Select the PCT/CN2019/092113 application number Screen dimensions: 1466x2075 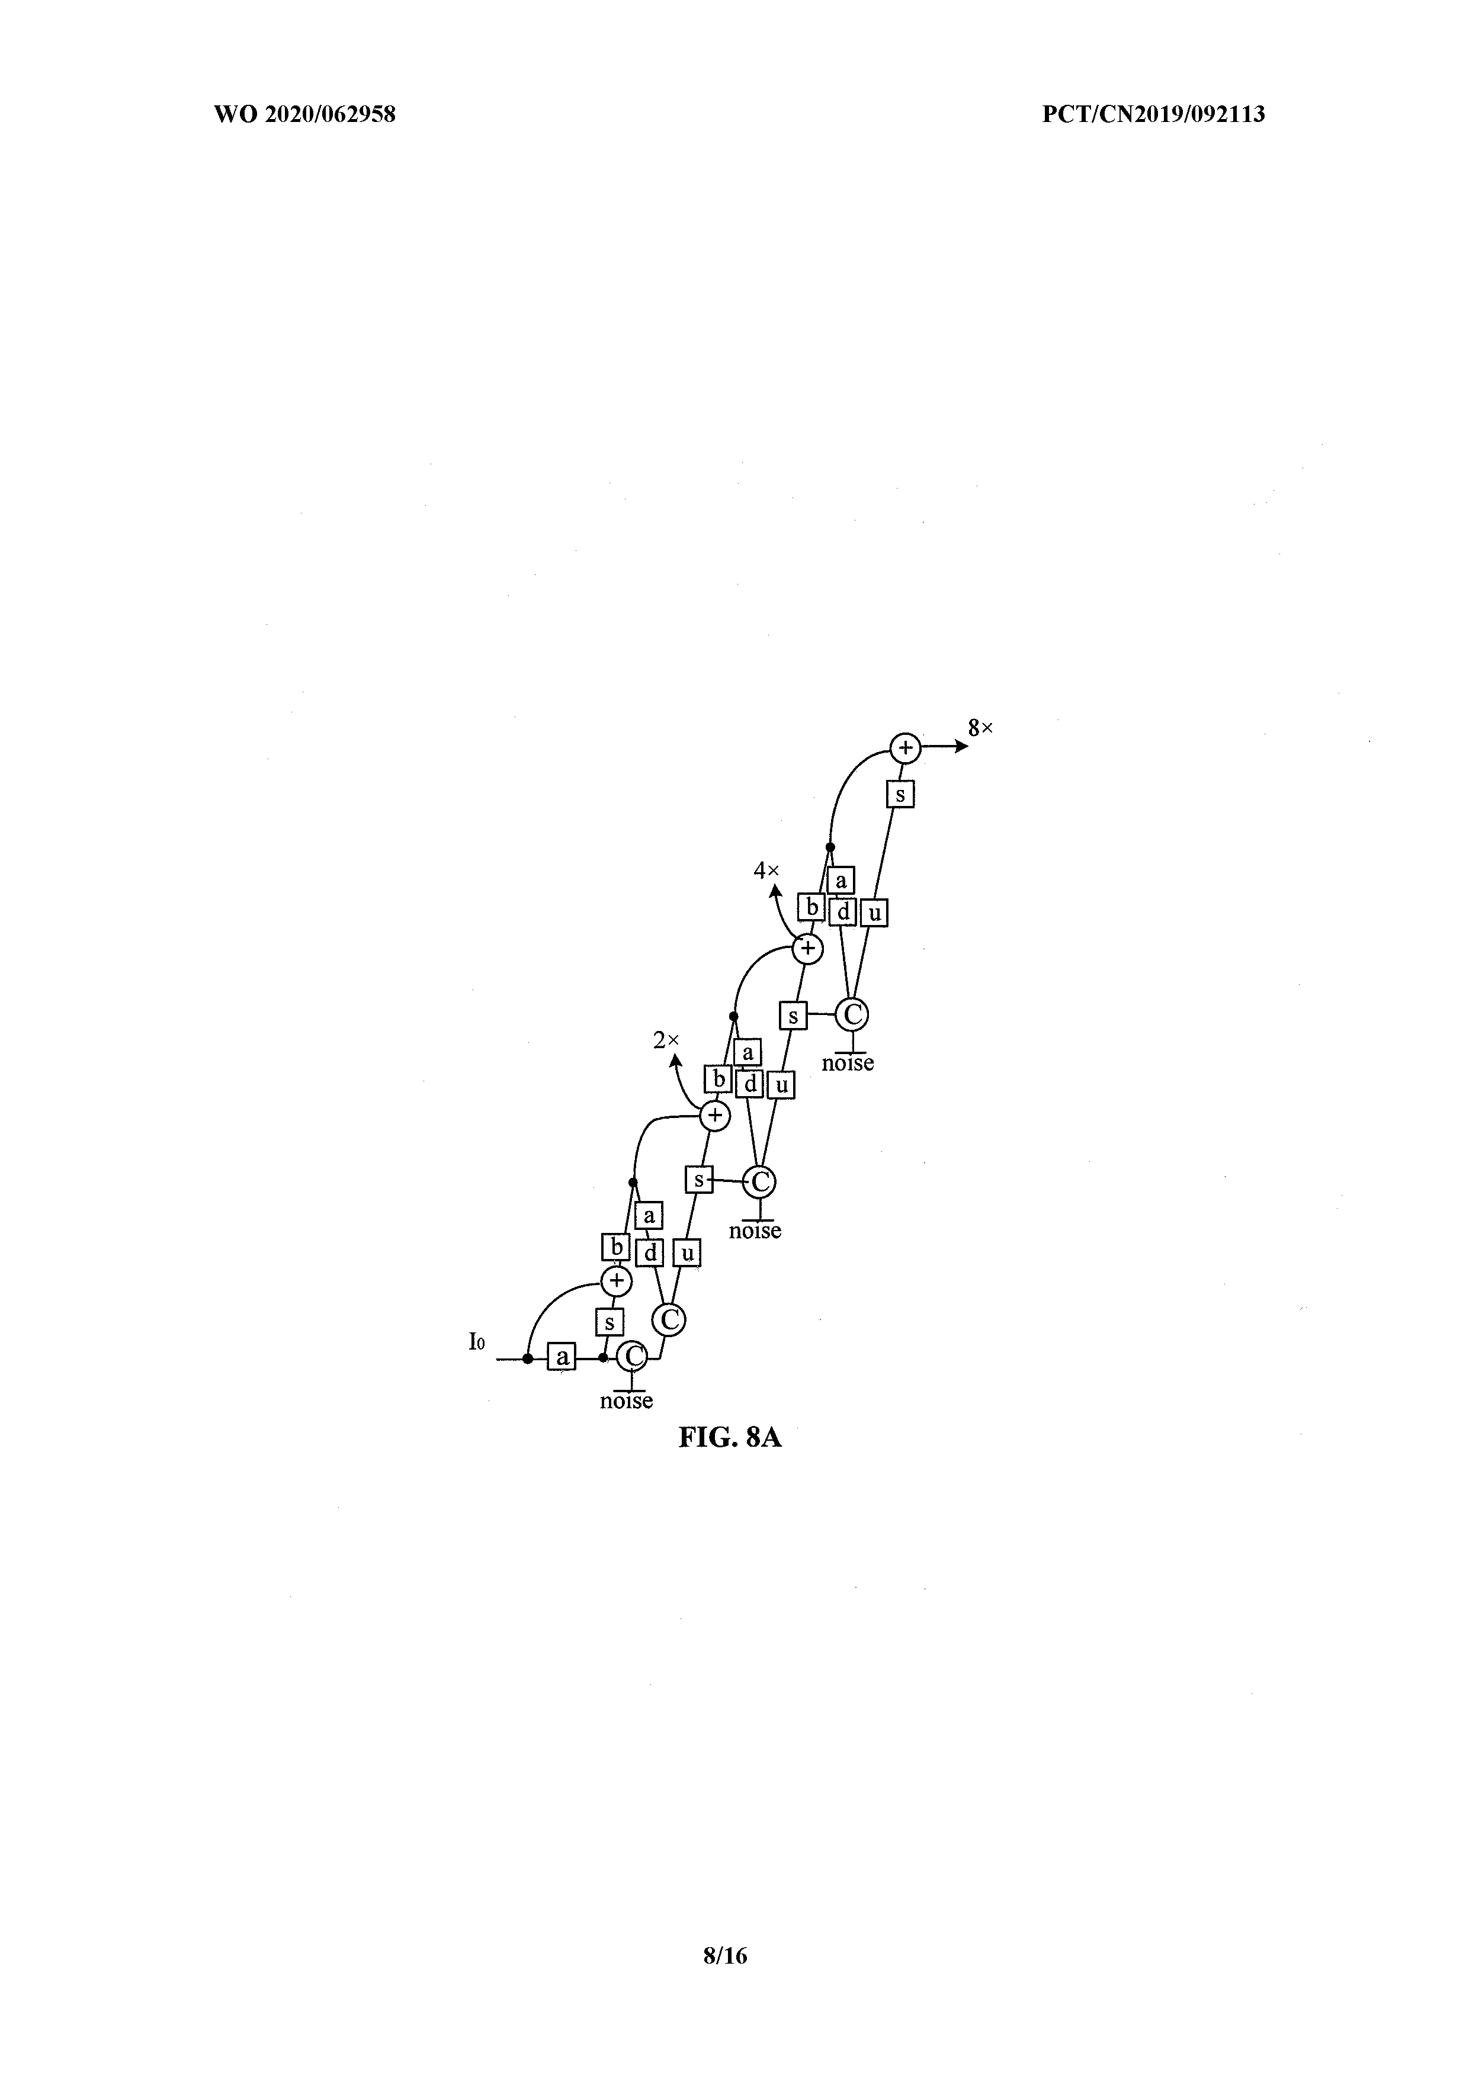point(1153,115)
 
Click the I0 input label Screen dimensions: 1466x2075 point(476,1367)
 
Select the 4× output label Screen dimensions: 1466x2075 point(766,871)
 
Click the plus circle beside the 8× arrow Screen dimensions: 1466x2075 point(904,747)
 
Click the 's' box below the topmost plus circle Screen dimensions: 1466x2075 point(900,794)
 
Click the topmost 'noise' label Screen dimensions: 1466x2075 point(848,1063)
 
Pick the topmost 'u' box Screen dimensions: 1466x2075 point(873,913)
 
